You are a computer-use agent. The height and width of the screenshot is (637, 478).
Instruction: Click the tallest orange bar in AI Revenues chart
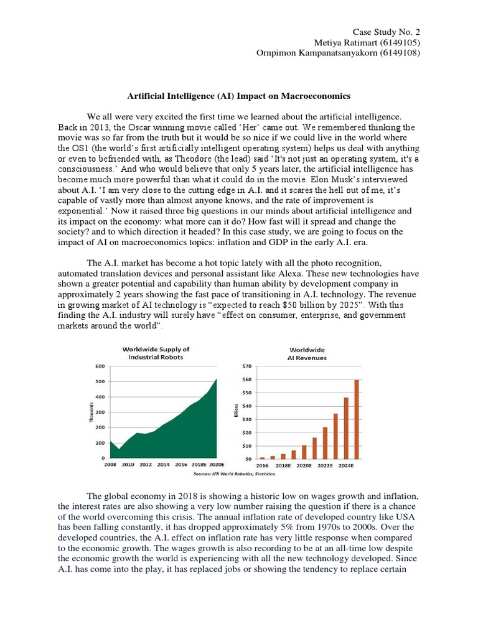pyautogui.click(x=357, y=419)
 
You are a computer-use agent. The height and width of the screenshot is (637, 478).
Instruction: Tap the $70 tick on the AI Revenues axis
pyautogui.click(x=246, y=366)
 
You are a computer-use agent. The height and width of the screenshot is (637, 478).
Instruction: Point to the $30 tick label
pyautogui.click(x=246, y=419)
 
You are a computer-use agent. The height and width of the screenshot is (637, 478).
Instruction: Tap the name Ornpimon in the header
pyautogui.click(x=277, y=53)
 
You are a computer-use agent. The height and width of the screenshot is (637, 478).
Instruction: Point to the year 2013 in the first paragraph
pyautogui.click(x=90, y=126)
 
